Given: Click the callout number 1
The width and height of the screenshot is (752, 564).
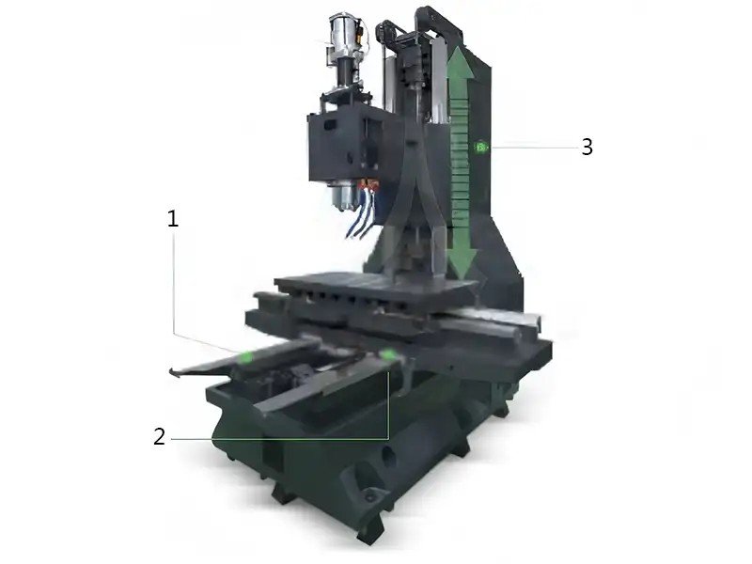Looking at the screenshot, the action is (173, 219).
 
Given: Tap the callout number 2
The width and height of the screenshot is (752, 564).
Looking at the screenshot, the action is (159, 436).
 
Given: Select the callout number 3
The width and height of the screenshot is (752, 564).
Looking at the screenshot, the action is (587, 147).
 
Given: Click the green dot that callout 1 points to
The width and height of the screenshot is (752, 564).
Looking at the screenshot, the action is (246, 356).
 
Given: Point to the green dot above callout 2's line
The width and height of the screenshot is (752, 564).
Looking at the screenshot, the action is (387, 354).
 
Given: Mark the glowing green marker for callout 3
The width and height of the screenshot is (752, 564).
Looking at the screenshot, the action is (481, 148).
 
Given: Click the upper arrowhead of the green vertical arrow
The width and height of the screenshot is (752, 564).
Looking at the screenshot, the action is (460, 62).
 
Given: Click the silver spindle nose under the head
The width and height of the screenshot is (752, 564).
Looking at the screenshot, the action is (342, 196).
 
